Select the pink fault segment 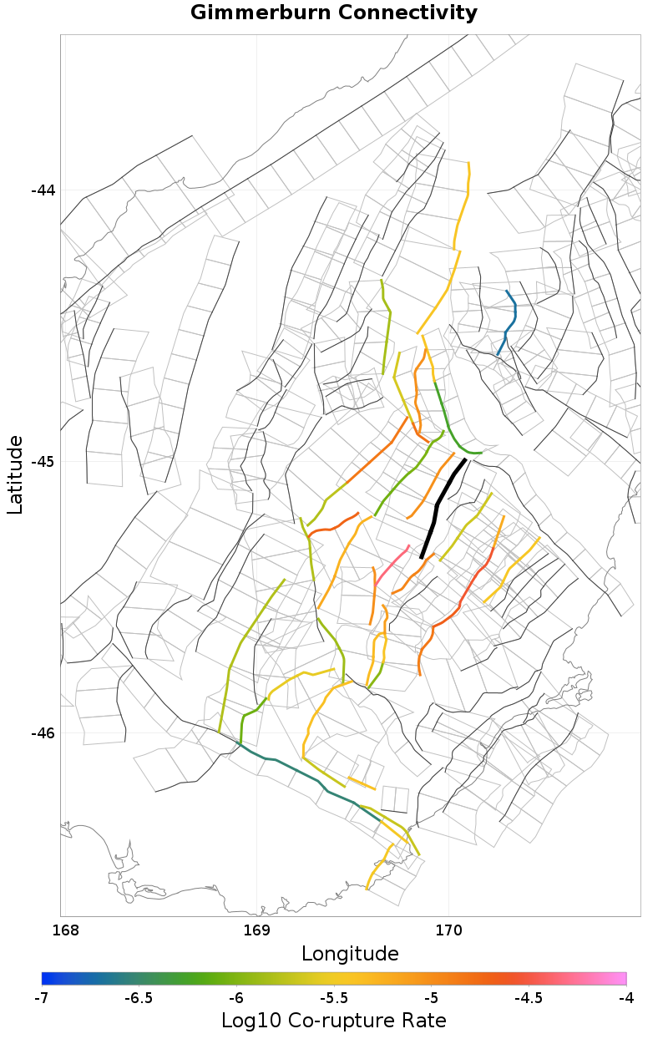tap(392, 565)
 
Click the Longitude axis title tap(350, 954)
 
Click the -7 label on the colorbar tap(42, 998)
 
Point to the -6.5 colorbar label tap(139, 998)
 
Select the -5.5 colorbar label tap(334, 998)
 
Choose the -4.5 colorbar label tap(529, 998)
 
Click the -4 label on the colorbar tap(625, 998)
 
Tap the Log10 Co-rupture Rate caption tap(334, 1021)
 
